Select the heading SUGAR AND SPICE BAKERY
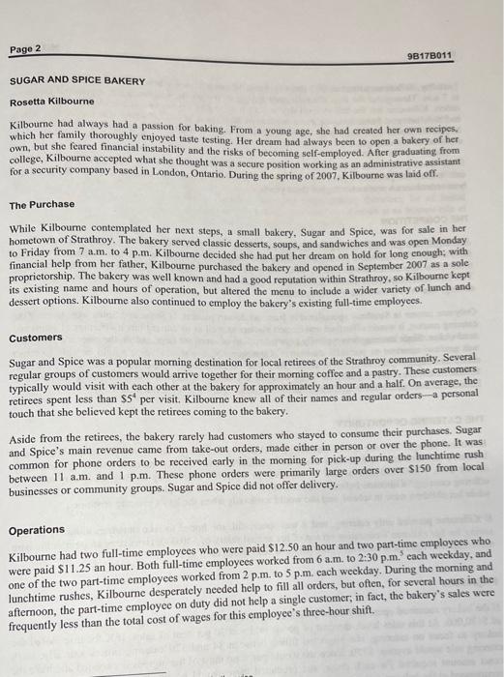pos(78,81)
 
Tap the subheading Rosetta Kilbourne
pos(52,103)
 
